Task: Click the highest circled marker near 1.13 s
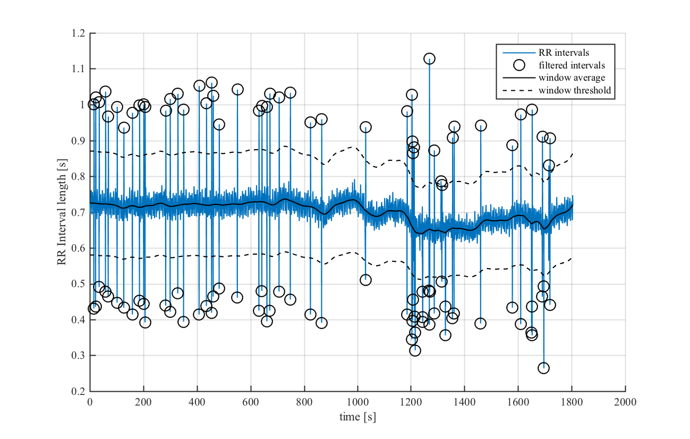(x=429, y=58)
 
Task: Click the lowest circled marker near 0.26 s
(x=543, y=368)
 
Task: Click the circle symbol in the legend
(x=519, y=65)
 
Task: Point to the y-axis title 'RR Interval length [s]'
(x=62, y=212)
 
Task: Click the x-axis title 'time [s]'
(x=357, y=417)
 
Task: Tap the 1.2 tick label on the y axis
(x=78, y=33)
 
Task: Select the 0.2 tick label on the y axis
(x=78, y=392)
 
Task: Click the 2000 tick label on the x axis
(x=625, y=402)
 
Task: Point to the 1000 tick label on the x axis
(x=357, y=402)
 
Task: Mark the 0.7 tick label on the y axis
(x=78, y=212)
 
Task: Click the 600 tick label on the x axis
(x=250, y=402)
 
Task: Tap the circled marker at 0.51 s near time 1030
(x=365, y=280)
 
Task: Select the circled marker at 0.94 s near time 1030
(x=365, y=127)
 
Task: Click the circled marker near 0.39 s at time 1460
(x=480, y=323)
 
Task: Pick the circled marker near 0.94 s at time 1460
(x=481, y=126)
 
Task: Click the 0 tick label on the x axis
(x=90, y=402)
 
